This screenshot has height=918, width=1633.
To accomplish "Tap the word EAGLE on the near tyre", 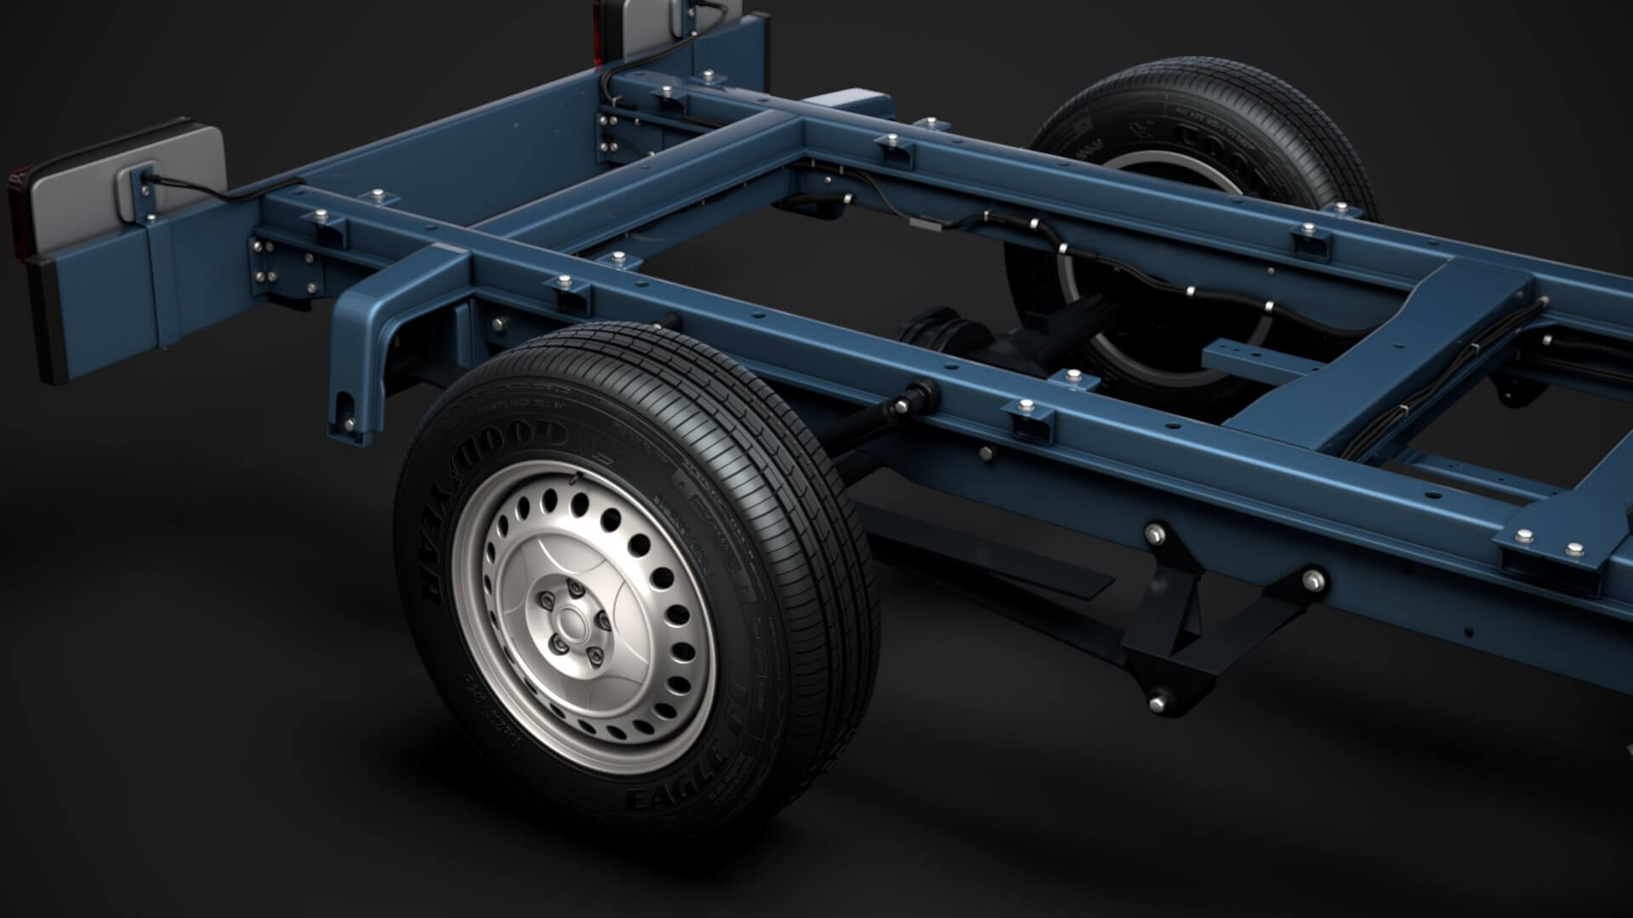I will click(672, 800).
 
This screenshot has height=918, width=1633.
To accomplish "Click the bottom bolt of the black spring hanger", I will click(1156, 704).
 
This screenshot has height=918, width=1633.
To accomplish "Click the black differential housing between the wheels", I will click(936, 331).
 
